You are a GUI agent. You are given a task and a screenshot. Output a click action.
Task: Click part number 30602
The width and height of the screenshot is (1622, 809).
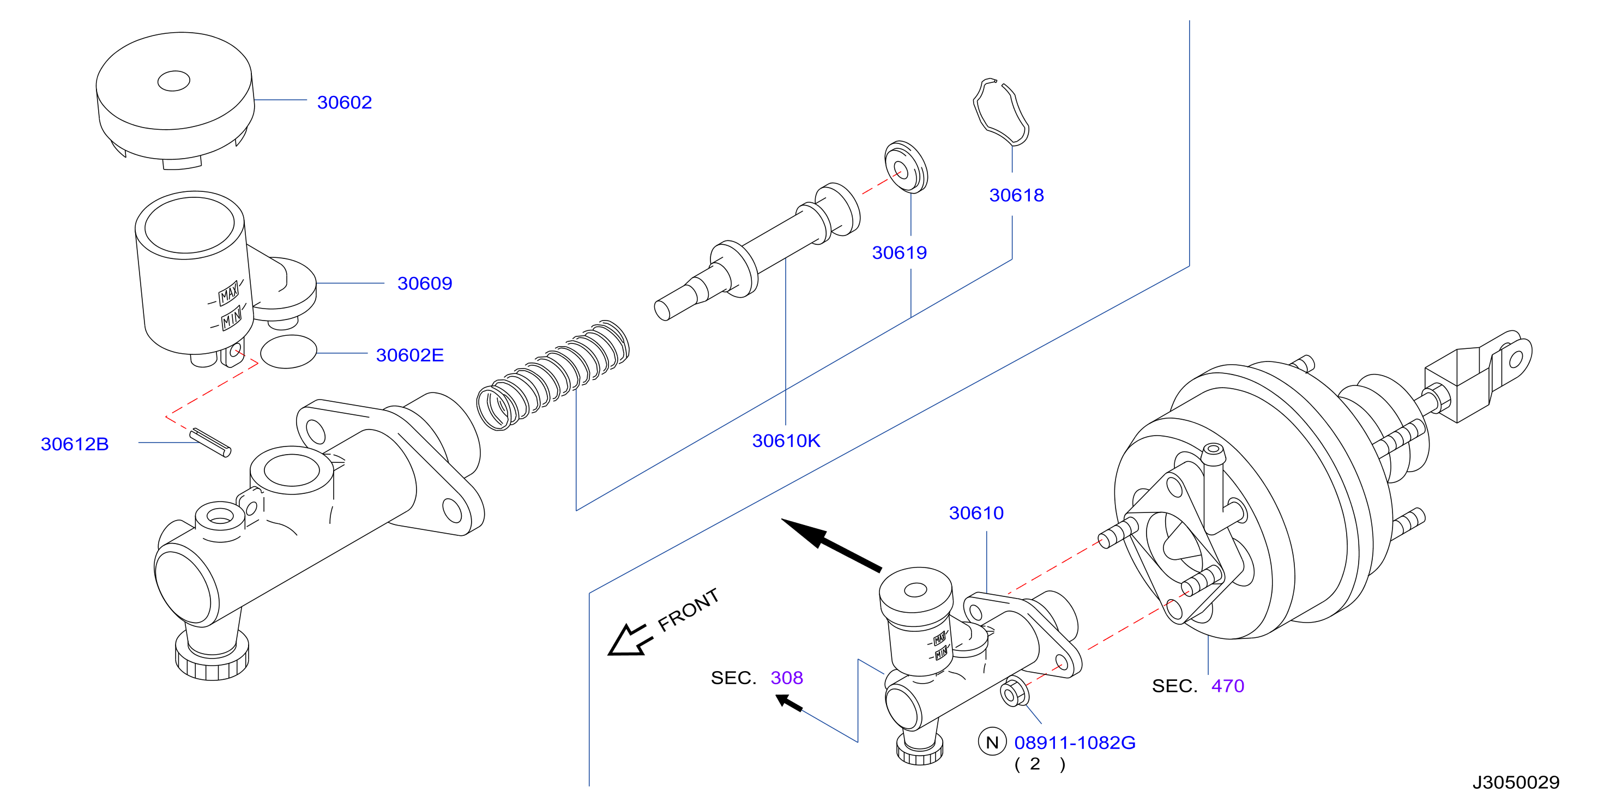[x=345, y=102]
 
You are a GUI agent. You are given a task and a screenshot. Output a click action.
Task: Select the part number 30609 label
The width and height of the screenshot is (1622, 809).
[x=424, y=283]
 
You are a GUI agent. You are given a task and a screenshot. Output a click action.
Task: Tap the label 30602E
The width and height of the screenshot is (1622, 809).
[x=410, y=355]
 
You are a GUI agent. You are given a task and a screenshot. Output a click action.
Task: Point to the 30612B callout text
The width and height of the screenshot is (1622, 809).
[x=74, y=444]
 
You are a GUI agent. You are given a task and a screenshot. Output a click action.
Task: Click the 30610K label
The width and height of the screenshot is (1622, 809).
[x=786, y=440]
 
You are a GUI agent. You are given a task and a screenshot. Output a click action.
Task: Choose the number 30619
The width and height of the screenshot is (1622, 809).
[x=899, y=252]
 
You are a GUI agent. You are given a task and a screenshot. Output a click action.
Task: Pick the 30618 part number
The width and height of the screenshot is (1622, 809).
[x=1016, y=195]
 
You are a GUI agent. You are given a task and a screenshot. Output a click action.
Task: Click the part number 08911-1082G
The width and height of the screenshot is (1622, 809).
[x=1075, y=743]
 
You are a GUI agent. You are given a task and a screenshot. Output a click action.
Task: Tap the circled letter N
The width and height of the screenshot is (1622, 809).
[x=992, y=742]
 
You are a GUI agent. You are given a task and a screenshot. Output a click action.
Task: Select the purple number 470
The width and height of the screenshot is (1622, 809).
[x=1227, y=686]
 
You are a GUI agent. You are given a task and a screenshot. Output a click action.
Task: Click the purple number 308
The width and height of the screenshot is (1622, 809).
[x=786, y=678]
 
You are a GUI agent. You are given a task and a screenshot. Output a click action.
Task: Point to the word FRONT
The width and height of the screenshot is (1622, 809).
[x=688, y=609]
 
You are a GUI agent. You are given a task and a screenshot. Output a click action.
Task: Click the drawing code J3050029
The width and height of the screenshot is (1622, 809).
[x=1516, y=782]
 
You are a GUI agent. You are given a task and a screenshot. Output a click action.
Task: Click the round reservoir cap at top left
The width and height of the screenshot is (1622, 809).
[x=175, y=101]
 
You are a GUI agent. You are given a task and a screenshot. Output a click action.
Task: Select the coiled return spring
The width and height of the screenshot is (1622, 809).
[x=552, y=375]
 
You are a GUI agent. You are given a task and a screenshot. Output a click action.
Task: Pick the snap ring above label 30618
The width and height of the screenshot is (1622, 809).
[x=1001, y=112]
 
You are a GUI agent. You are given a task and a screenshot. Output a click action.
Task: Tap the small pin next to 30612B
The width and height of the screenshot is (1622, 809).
[x=210, y=442]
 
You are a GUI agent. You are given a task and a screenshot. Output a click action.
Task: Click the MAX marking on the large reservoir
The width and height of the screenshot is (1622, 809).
[x=228, y=293]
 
